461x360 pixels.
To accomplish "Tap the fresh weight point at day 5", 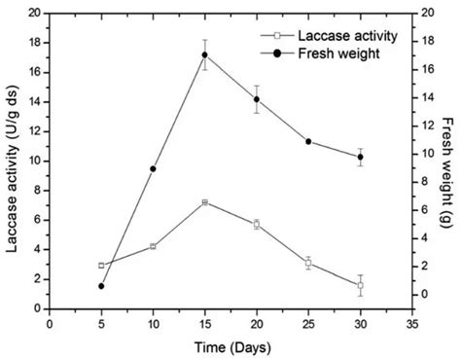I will (101, 286).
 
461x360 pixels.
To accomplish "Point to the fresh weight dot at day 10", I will (153, 168).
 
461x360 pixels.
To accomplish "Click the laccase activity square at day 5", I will (101, 265).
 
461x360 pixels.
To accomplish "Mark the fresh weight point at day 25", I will (308, 141).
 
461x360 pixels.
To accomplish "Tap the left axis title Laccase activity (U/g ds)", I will (13, 161).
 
